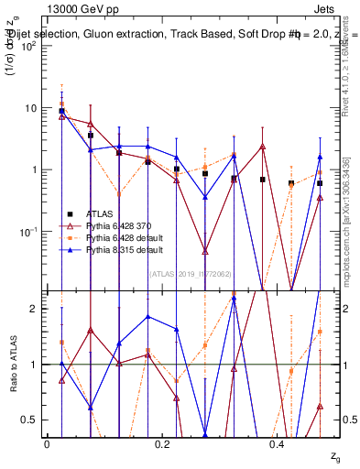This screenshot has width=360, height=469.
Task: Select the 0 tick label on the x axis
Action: coord(47,443)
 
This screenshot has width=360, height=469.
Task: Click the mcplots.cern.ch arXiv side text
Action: coord(349,183)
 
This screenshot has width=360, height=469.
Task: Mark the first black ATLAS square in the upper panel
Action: coord(61,111)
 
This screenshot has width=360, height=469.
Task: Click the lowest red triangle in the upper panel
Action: coord(205,250)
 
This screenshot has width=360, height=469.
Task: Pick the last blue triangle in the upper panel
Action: coord(320,157)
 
